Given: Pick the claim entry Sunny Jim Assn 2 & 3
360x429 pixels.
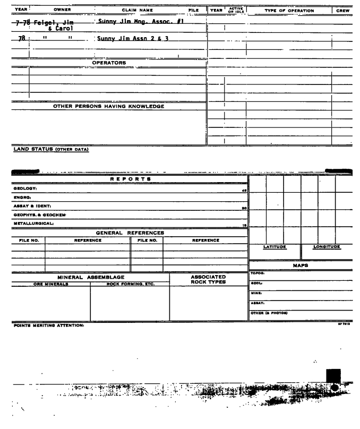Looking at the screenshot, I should pyautogui.click(x=124, y=39).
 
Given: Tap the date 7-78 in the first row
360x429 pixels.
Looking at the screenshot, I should pyautogui.click(x=21, y=23).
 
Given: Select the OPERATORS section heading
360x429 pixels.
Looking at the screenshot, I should pyautogui.click(x=109, y=63).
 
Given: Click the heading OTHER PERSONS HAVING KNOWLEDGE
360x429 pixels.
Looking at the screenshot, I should pyautogui.click(x=109, y=106).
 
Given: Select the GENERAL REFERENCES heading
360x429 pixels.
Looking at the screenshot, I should pyautogui.click(x=130, y=233).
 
